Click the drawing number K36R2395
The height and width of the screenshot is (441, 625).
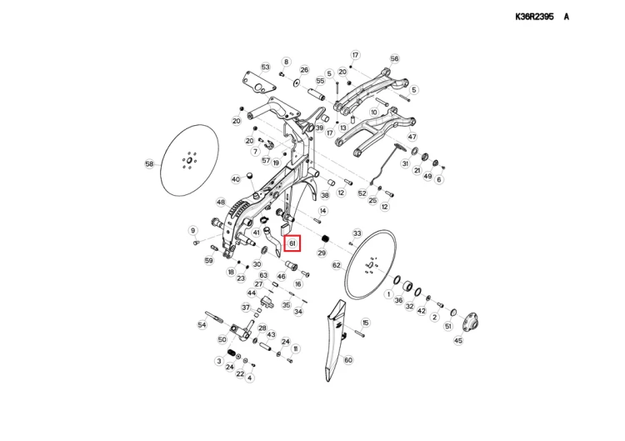534,17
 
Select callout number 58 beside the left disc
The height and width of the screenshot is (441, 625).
149,164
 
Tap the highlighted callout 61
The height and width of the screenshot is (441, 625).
292,243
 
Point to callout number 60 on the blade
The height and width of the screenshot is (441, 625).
348,360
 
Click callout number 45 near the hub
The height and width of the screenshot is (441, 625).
458,340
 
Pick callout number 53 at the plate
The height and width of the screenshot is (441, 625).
266,67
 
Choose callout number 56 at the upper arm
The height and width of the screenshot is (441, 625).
394,58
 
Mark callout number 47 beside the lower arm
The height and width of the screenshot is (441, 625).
412,137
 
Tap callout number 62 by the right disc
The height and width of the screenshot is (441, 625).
337,265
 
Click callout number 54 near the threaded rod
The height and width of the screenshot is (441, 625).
202,324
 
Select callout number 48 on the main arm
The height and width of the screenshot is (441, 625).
221,202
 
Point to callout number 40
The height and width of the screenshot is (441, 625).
236,179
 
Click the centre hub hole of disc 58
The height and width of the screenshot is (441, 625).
189,160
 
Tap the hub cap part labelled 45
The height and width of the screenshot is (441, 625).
471,322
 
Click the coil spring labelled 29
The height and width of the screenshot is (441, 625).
326,239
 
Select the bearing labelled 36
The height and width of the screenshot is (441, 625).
407,286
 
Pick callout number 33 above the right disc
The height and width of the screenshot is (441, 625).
357,233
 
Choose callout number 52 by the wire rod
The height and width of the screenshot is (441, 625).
362,193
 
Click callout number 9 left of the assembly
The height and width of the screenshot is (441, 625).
193,230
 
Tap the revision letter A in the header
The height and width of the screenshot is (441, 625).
567,17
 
